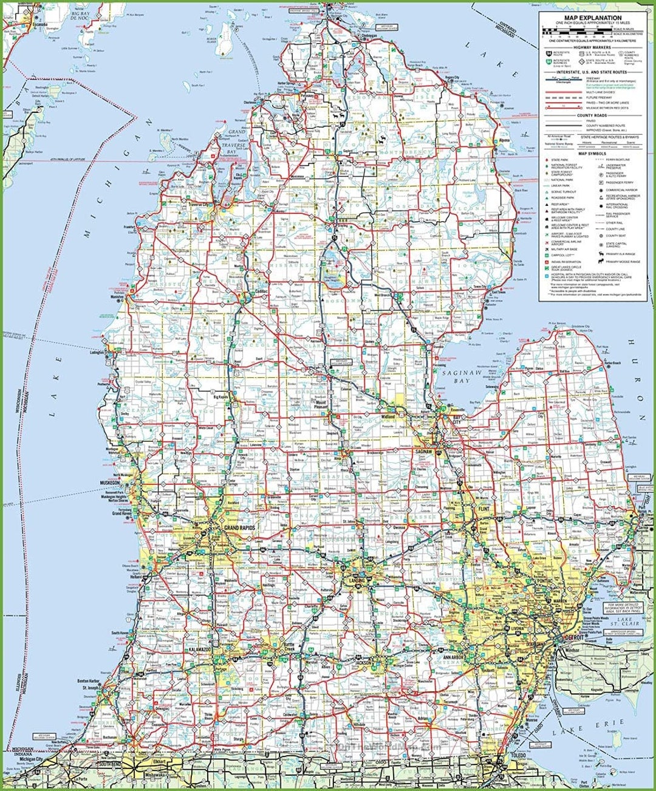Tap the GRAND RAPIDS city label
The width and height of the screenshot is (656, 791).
coord(239,528)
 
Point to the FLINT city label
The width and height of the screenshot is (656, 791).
coord(484,508)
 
